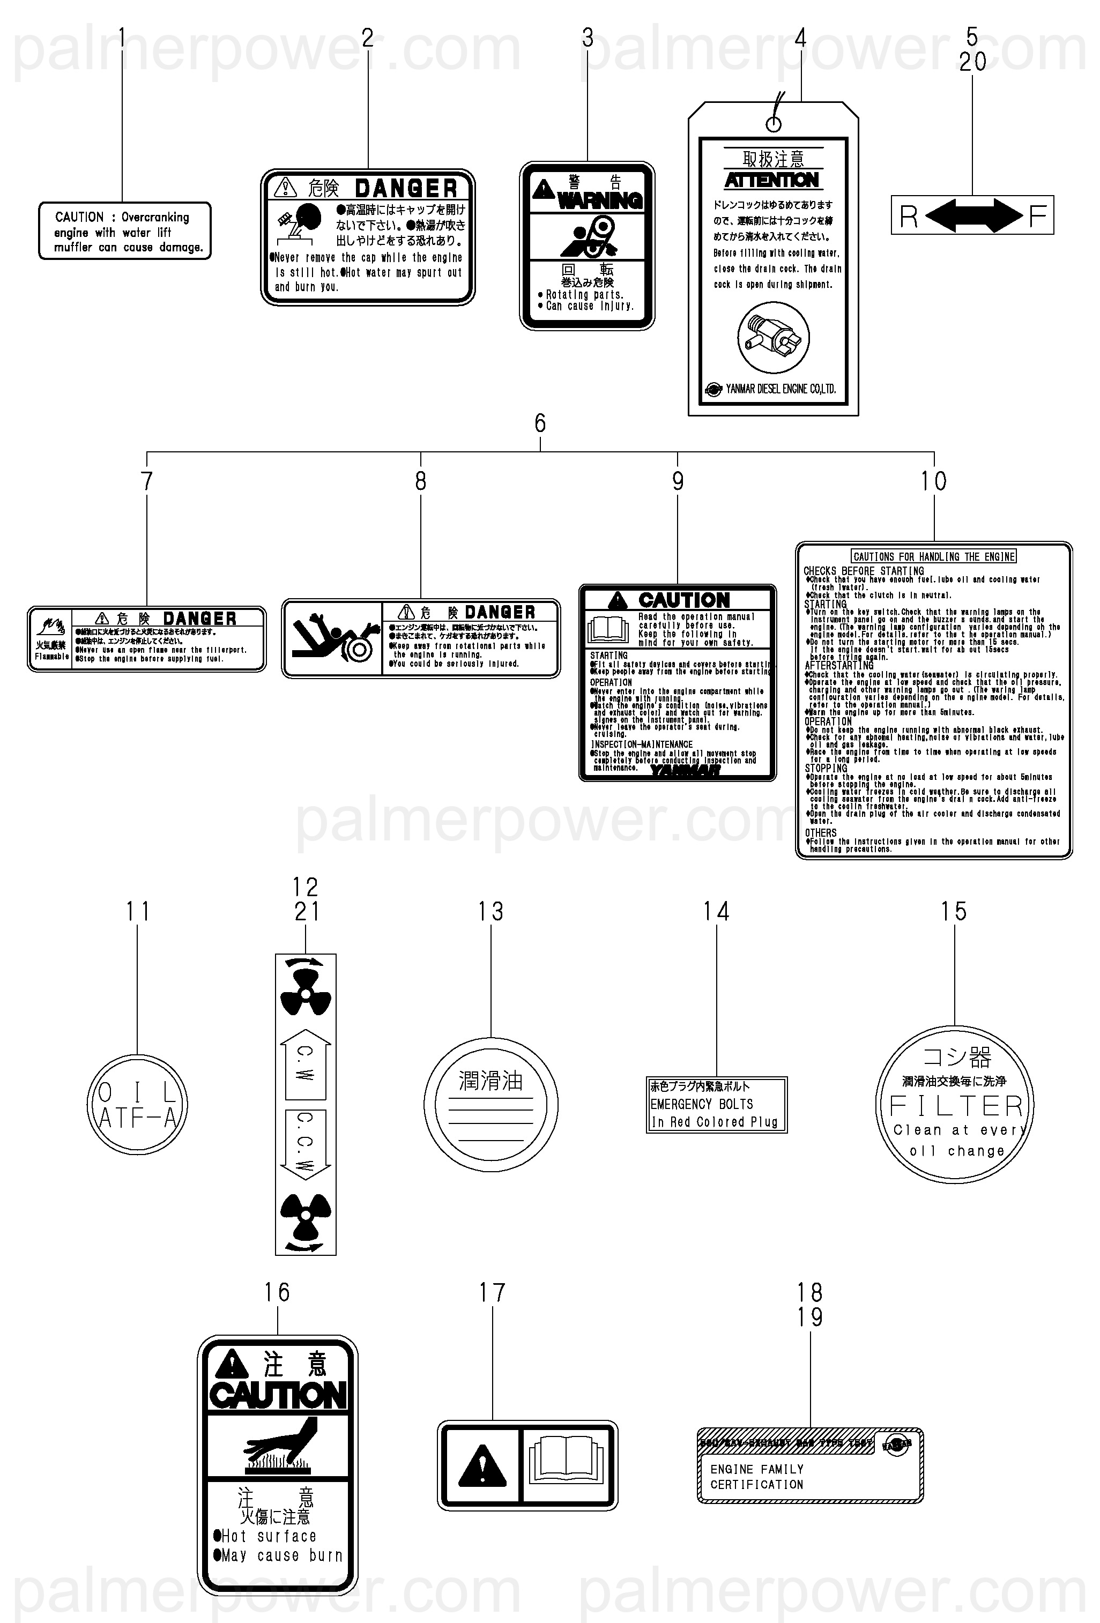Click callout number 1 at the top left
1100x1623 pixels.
pyautogui.click(x=122, y=38)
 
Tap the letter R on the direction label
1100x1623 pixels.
pyautogui.click(x=909, y=217)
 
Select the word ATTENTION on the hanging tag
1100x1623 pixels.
pyautogui.click(x=772, y=180)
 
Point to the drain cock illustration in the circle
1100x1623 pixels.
pyautogui.click(x=773, y=338)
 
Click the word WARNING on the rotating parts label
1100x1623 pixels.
pyautogui.click(x=600, y=200)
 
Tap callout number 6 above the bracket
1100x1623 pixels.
pyautogui.click(x=540, y=423)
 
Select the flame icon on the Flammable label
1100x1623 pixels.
pyautogui.click(x=50, y=624)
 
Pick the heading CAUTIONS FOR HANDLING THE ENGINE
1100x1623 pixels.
pyautogui.click(x=934, y=556)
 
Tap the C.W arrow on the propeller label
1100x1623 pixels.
pyautogui.click(x=305, y=1063)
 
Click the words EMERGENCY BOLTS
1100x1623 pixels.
pyautogui.click(x=701, y=1104)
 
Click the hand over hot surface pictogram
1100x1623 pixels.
pyautogui.click(x=278, y=1446)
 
